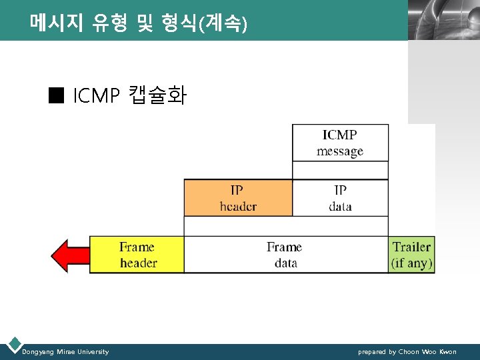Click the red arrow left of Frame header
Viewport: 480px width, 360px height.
pyautogui.click(x=70, y=255)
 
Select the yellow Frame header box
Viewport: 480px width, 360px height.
pyautogui.click(x=137, y=255)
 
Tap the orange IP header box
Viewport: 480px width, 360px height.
pyautogui.click(x=238, y=198)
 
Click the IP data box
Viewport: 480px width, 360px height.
pyautogui.click(x=340, y=198)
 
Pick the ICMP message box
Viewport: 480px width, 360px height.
pyautogui.click(x=340, y=142)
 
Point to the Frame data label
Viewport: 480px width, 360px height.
pyautogui.click(x=285, y=255)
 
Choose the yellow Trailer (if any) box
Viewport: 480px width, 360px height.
pyautogui.click(x=411, y=255)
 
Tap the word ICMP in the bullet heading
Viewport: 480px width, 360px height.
pyautogui.click(x=95, y=97)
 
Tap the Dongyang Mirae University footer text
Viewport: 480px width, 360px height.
pyautogui.click(x=65, y=351)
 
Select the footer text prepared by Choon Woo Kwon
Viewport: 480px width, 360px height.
pyautogui.click(x=407, y=351)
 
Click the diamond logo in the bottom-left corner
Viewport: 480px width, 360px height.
pyautogui.click(x=13, y=345)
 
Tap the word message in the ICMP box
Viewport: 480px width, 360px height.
pyautogui.click(x=340, y=151)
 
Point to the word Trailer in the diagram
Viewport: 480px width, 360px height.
pyautogui.click(x=411, y=247)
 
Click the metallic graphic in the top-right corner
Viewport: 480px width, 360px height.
pyautogui.click(x=443, y=20)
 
